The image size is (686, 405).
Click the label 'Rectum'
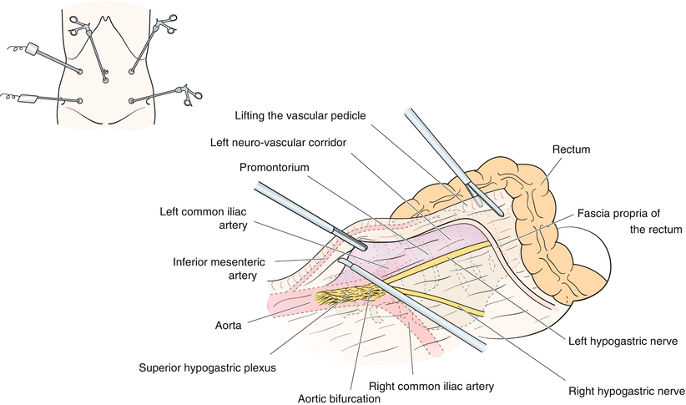(571, 149)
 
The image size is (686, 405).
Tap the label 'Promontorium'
(273, 167)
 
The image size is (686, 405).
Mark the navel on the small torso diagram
(106, 82)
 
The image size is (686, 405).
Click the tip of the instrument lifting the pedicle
(498, 212)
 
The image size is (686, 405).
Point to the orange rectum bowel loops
(534, 209)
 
